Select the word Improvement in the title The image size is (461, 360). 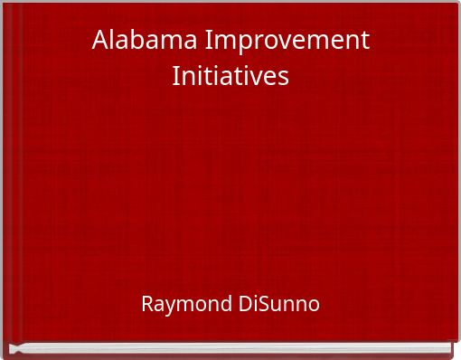288,41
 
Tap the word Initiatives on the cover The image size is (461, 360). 230,76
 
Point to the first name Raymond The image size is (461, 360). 186,304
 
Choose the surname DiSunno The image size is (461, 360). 279,304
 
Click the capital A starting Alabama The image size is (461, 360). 99,41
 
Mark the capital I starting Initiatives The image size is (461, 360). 175,76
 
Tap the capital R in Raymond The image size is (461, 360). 147,304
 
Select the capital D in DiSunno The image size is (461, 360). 246,304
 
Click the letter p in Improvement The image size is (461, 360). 240,43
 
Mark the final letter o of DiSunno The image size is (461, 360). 314,305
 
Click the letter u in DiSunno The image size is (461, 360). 278,305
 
